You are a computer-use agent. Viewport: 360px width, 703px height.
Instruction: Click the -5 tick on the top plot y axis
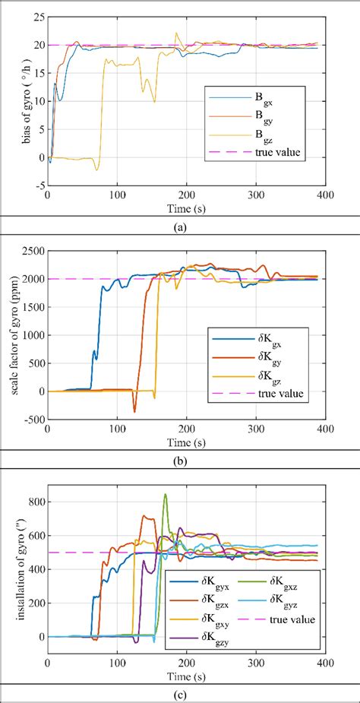[x=37, y=185]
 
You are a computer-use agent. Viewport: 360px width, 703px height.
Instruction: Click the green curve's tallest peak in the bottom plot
[x=166, y=495]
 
